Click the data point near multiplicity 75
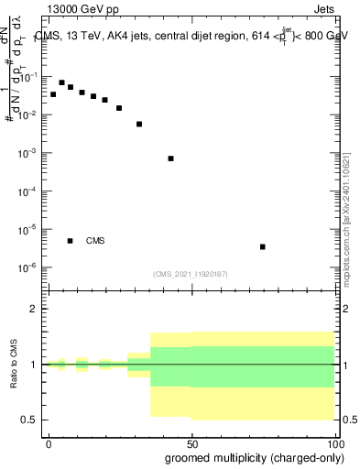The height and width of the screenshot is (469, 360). [263, 246]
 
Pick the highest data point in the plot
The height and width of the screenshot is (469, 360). [61, 82]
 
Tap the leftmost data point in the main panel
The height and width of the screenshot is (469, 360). [53, 94]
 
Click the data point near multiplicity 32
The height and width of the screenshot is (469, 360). [139, 124]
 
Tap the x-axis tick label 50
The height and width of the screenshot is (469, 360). [191, 442]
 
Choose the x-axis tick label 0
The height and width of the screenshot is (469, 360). [49, 442]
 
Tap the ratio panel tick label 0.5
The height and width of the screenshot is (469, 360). [28, 420]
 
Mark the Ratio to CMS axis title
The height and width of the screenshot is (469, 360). [14, 364]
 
